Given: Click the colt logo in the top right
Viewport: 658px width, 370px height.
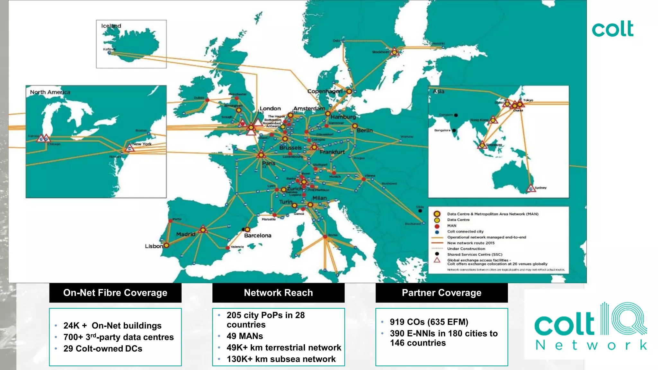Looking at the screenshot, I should [612, 29].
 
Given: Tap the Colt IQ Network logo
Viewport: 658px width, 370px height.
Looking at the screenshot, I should [591, 326].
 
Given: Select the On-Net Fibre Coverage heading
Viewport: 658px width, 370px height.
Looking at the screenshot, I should [115, 293].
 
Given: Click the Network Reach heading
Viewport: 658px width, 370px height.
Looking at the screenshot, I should [278, 293].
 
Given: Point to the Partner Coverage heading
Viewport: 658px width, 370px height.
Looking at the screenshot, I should [441, 293].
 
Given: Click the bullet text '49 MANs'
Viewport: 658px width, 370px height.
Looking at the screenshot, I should [245, 336].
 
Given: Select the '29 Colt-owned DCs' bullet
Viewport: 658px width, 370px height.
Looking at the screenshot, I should [102, 348].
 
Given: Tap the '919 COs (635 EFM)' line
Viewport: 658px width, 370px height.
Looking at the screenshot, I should [429, 322].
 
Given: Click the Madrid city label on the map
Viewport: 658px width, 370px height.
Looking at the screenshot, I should [186, 234].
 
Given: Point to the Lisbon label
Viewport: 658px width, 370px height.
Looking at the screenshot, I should [154, 246].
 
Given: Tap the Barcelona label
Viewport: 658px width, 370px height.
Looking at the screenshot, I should [257, 235].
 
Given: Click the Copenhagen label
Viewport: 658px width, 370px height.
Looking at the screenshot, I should [325, 91].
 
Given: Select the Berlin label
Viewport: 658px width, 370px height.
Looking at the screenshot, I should [365, 130].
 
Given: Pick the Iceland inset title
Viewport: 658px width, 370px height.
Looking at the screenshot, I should [111, 26].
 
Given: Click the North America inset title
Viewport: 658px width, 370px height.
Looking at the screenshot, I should [50, 92].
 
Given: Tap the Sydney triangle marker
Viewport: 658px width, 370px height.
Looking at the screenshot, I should [531, 188].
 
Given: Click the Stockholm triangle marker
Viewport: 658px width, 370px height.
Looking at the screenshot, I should [394, 52].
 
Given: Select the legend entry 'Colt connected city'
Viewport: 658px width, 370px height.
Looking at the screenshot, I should [465, 231].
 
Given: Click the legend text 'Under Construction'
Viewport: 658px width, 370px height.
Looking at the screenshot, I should [466, 249].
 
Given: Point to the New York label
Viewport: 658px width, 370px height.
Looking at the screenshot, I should [142, 144].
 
